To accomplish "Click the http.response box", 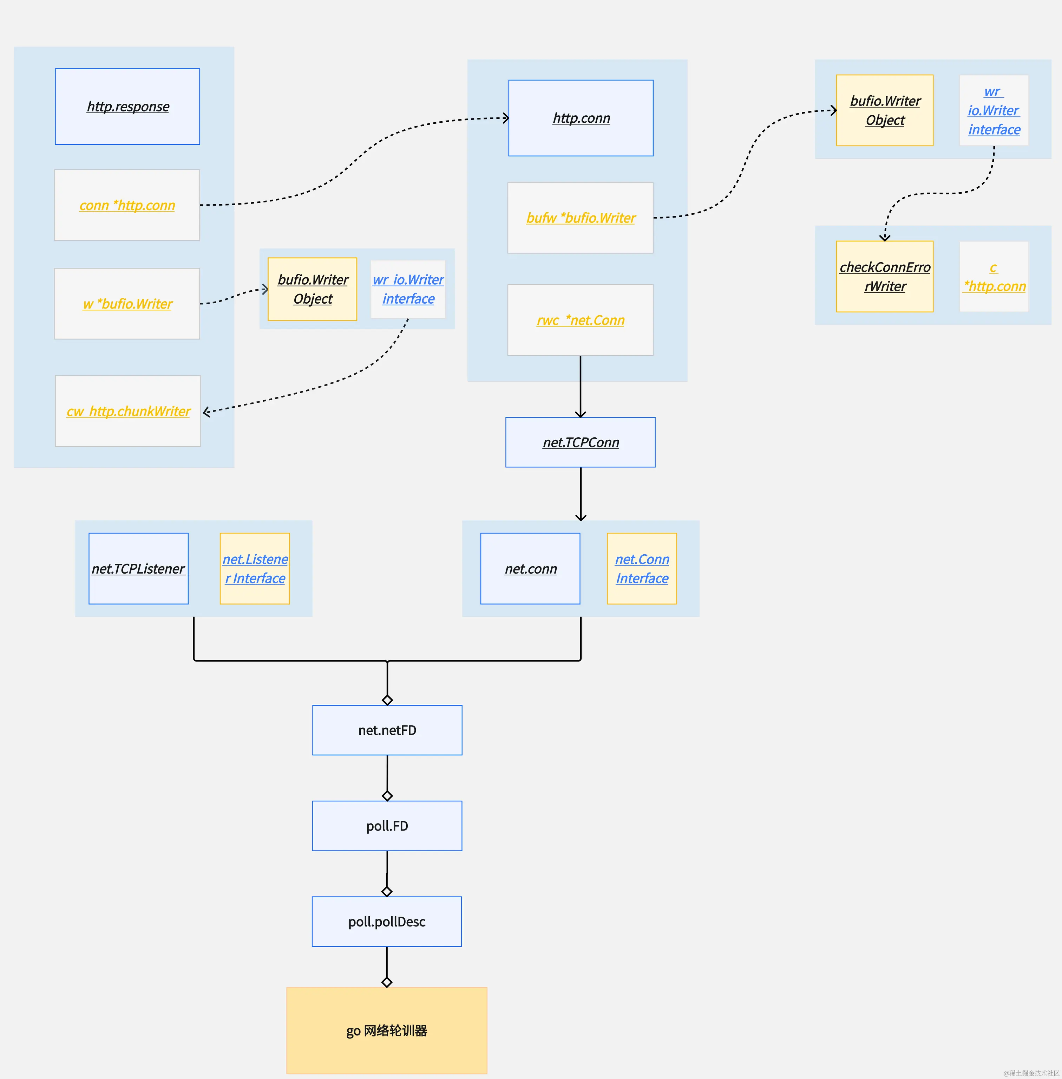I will tap(127, 106).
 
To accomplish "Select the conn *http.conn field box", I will tap(127, 205).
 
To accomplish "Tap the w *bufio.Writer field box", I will tap(127, 304).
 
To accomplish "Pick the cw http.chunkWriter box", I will tap(128, 412).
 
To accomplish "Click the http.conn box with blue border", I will tap(581, 118).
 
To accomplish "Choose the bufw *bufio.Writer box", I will tap(580, 218).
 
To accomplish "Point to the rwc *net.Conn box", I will tap(580, 320).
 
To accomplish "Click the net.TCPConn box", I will tap(580, 442).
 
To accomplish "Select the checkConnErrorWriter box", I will tap(885, 276).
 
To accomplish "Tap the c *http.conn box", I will tap(994, 276).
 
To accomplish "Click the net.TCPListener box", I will tap(138, 568).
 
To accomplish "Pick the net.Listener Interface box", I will tap(255, 568).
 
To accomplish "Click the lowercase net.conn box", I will tap(530, 568).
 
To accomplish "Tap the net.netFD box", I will tap(387, 730).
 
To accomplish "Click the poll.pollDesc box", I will tap(387, 922).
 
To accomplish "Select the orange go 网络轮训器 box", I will tap(387, 1030).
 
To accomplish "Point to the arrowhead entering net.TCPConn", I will tap(581, 414).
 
